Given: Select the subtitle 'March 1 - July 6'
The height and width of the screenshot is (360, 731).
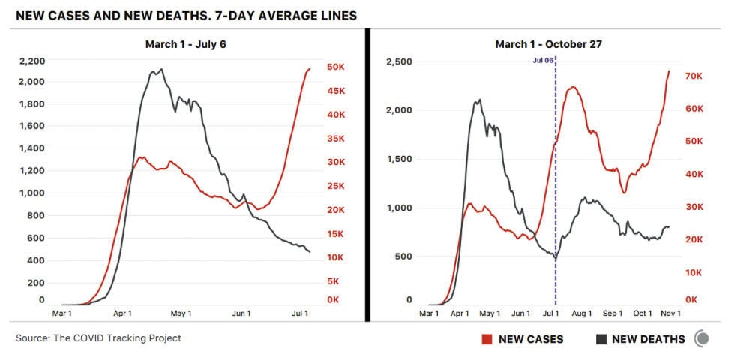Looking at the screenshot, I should point(185,44).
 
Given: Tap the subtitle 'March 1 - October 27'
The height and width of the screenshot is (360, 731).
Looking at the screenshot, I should point(548,44).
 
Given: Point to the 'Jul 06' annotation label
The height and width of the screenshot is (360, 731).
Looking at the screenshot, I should point(543,60).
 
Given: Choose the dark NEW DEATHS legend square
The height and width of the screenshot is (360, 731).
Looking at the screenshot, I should point(601,339).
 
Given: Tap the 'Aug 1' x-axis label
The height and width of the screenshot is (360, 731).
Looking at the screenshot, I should point(581,313).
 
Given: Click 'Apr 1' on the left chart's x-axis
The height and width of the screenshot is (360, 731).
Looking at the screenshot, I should point(123,313).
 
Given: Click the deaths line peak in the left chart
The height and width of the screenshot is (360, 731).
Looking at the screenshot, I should point(160,70).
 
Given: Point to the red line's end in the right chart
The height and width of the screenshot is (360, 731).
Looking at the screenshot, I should point(669,71).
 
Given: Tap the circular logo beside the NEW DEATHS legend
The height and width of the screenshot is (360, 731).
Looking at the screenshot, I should point(702,339).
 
